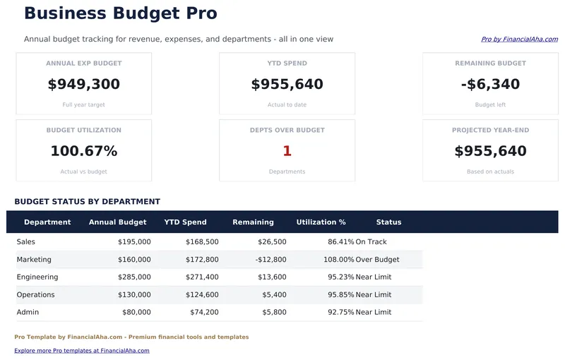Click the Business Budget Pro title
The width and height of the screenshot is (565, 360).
pos(120,13)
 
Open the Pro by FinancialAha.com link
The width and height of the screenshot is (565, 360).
pos(519,40)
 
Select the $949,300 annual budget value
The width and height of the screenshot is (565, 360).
pos(83,85)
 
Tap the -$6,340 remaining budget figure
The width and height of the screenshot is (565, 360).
pos(490,85)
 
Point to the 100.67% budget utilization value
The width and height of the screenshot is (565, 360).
pos(83,151)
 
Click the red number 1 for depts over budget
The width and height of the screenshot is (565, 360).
pos(287,151)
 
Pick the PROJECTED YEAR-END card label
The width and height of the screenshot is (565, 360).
pos(490,131)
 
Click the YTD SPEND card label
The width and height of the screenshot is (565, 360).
pos(287,64)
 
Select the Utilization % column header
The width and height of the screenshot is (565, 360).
pos(321,222)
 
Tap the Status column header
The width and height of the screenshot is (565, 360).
pos(388,222)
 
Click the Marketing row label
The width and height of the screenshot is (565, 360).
pos(34,260)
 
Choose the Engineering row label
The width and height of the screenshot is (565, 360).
pos(37,277)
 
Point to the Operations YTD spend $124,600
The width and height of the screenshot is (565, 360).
pos(202,295)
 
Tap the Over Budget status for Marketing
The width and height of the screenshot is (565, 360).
pos(377,260)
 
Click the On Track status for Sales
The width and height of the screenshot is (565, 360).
pos(371,242)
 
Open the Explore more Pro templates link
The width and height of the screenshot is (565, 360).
pos(82,351)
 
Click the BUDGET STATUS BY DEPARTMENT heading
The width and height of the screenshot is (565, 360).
pos(87,202)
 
